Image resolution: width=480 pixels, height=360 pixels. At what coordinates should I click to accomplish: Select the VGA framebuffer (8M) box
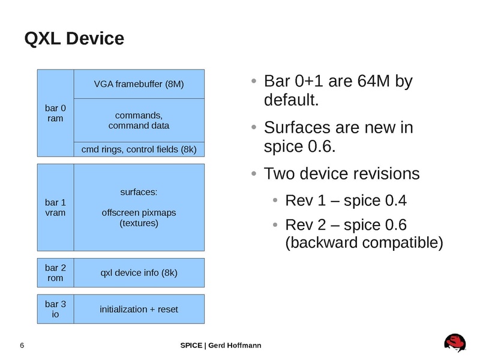click(139, 84)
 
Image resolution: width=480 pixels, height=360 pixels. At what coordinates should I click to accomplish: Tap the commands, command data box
click(139, 120)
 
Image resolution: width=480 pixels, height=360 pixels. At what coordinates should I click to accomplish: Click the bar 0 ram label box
click(55, 113)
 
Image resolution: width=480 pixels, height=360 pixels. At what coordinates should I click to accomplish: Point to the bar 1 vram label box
click(55, 206)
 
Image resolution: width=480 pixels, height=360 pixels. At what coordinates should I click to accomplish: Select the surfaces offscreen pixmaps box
click(139, 206)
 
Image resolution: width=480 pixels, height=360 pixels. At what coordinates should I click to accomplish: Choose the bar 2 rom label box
click(55, 273)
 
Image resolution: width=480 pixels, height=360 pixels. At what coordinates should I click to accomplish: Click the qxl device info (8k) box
click(139, 273)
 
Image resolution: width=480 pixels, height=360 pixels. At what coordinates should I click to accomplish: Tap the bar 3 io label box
click(55, 309)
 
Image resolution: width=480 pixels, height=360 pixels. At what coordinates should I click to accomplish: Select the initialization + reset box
click(139, 309)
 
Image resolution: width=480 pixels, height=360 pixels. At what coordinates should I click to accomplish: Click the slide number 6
click(22, 346)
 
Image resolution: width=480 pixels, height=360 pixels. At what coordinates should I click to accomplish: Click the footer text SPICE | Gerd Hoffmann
click(221, 346)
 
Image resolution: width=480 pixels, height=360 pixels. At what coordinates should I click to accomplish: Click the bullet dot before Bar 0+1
click(254, 82)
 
